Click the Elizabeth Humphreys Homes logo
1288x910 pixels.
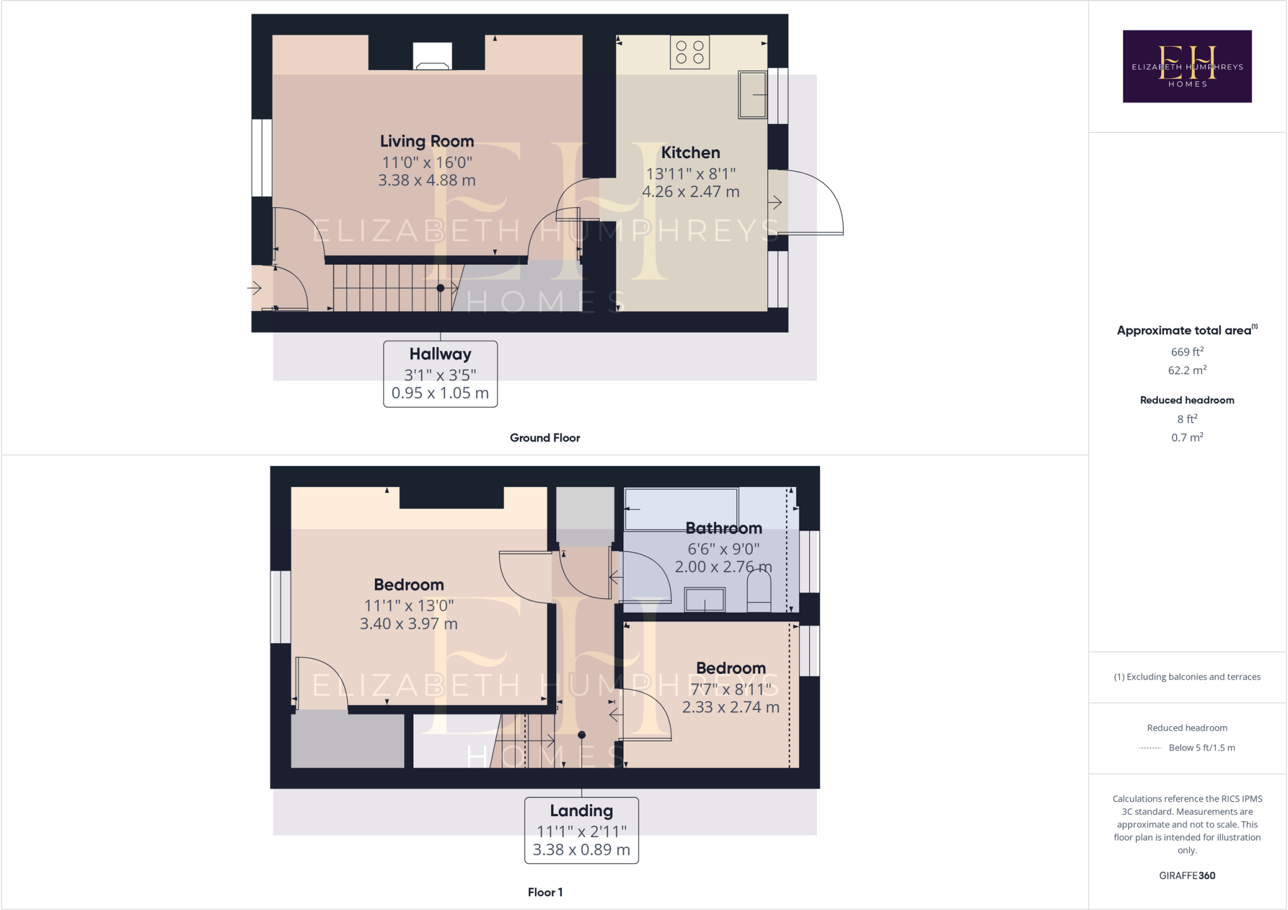(1187, 66)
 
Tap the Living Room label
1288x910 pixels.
(426, 142)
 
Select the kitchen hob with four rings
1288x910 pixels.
(690, 52)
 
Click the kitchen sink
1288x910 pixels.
(752, 94)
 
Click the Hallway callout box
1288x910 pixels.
(440, 374)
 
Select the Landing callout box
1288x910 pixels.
(581, 830)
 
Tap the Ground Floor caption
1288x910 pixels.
(545, 438)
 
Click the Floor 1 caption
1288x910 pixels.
(545, 892)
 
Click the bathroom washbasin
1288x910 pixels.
(704, 599)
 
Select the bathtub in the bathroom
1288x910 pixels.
(680, 509)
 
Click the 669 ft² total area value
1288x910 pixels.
(1187, 352)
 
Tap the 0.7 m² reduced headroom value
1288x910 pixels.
(1187, 437)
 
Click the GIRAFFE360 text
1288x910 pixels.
(1187, 875)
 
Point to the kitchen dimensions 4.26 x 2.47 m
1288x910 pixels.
(691, 192)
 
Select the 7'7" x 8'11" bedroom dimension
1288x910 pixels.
(730, 690)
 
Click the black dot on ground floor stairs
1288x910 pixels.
(440, 288)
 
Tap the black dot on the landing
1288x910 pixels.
(582, 735)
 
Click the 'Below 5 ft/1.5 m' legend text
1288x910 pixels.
(1201, 748)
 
